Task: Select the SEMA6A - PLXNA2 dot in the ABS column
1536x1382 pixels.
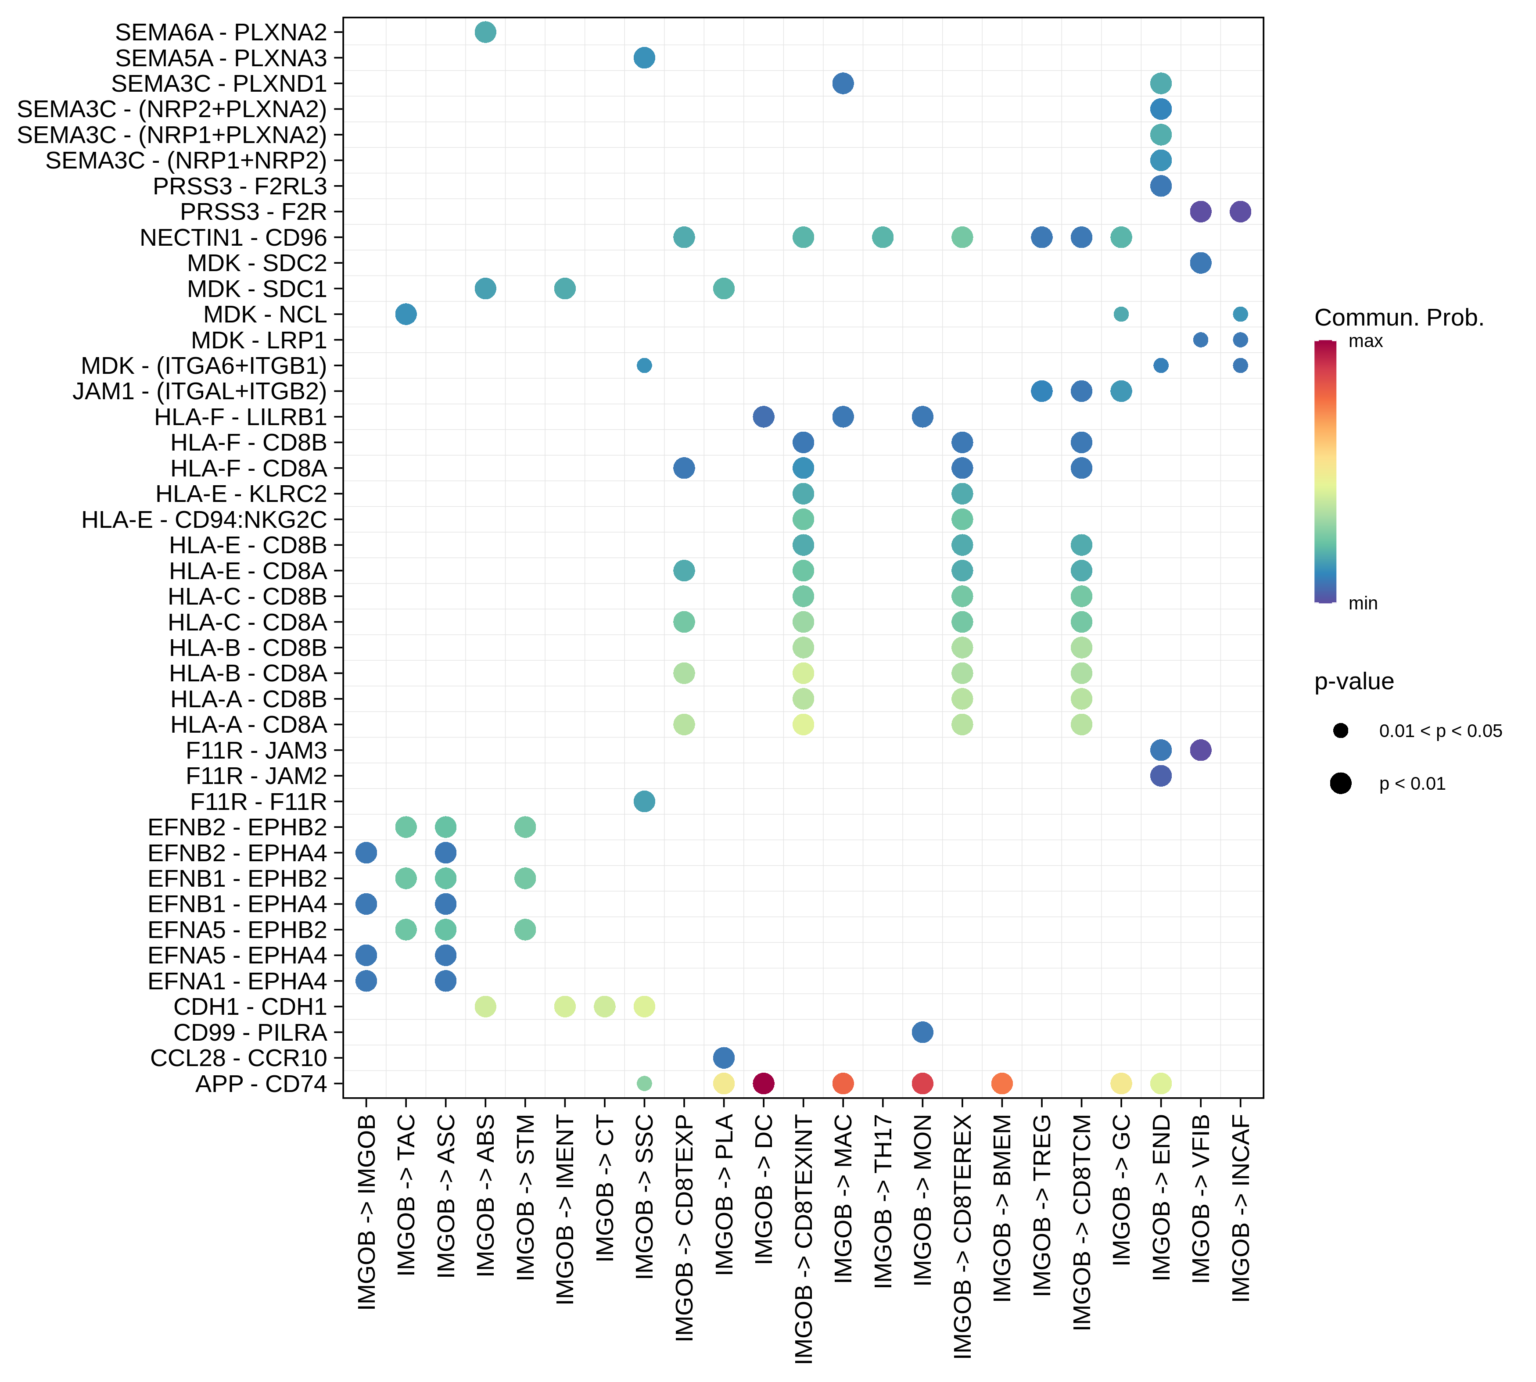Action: [x=485, y=32]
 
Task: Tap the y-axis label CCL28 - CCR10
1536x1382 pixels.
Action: [x=239, y=1058]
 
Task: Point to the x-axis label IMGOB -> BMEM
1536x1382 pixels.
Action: [x=1002, y=1207]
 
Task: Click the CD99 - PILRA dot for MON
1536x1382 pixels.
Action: [x=922, y=1032]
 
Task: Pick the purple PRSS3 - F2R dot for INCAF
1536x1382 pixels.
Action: [x=1240, y=212]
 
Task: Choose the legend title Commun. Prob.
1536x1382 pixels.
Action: [x=1399, y=317]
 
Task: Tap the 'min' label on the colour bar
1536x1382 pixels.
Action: [x=1363, y=604]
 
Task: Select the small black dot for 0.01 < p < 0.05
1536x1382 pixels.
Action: [x=1341, y=730]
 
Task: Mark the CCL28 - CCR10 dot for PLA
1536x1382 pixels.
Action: [x=724, y=1058]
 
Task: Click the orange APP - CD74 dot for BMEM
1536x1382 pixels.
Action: [x=1002, y=1084]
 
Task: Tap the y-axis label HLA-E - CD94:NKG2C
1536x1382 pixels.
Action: [x=204, y=519]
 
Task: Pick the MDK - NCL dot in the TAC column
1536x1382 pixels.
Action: [x=406, y=315]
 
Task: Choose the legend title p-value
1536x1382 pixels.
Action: [x=1354, y=681]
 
